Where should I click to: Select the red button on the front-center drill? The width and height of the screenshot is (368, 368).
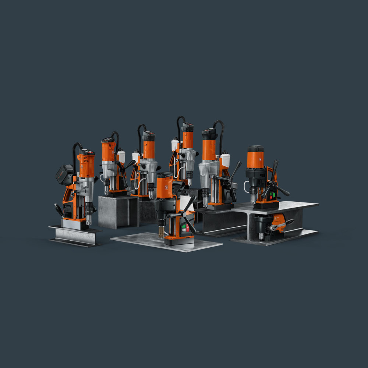click(x=187, y=228)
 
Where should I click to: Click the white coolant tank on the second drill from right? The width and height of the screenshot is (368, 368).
click(x=225, y=160)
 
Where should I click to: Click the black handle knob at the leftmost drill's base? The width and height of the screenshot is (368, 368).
click(x=59, y=210)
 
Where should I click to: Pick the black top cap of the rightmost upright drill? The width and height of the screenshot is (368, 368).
click(x=255, y=148)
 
